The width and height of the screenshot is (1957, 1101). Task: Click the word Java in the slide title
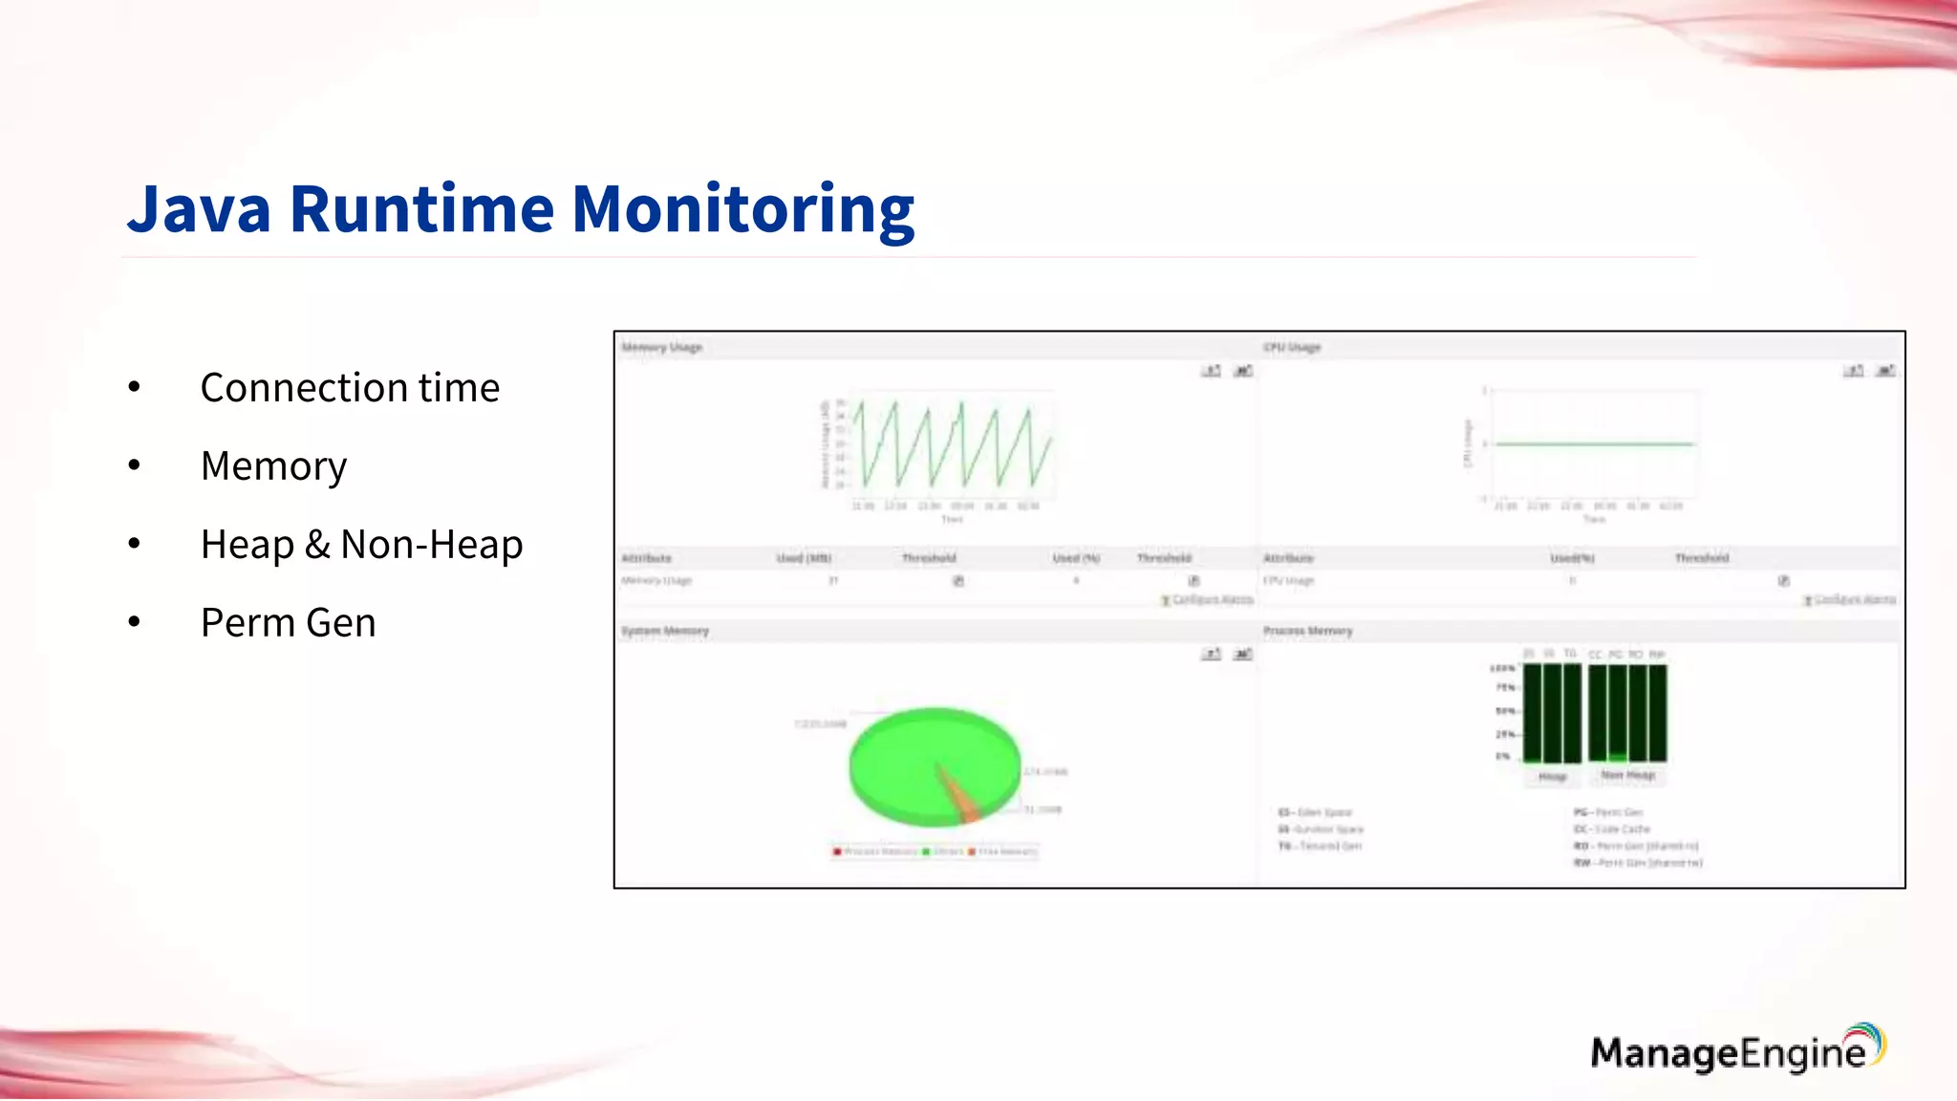(x=199, y=209)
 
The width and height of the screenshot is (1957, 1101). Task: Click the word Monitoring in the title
(x=742, y=209)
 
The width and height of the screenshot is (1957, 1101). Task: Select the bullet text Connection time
(x=350, y=388)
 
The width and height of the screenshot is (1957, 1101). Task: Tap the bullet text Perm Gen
(x=288, y=623)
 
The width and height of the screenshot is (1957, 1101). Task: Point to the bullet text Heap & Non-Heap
(x=361, y=545)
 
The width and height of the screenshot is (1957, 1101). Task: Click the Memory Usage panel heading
(x=661, y=347)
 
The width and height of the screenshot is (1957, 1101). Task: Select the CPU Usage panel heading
(x=1292, y=347)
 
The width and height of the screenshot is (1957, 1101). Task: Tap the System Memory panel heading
(x=665, y=631)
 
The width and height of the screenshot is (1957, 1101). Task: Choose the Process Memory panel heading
(x=1307, y=631)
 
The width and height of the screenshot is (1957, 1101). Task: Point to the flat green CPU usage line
(x=1594, y=443)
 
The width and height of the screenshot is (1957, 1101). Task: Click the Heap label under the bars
(x=1552, y=776)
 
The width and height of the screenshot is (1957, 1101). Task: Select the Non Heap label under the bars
(x=1627, y=775)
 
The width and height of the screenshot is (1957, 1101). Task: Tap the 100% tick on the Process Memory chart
(x=1502, y=668)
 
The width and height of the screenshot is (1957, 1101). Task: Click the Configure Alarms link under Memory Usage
(x=1211, y=600)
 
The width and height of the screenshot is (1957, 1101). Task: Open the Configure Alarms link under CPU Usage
(x=1853, y=600)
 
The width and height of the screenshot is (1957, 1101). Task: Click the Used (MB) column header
(x=804, y=558)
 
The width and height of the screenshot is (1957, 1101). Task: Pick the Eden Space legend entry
(x=1316, y=812)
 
